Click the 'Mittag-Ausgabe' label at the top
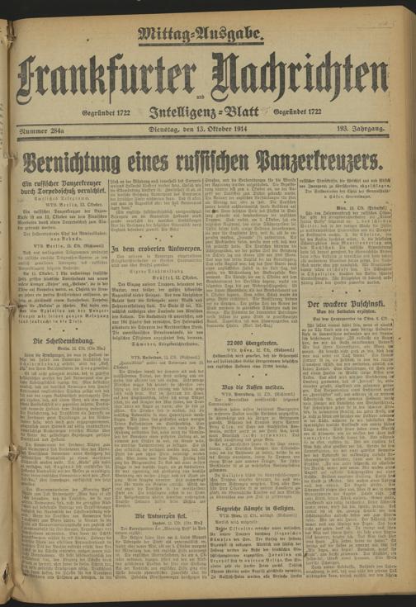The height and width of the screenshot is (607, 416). [201, 34]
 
